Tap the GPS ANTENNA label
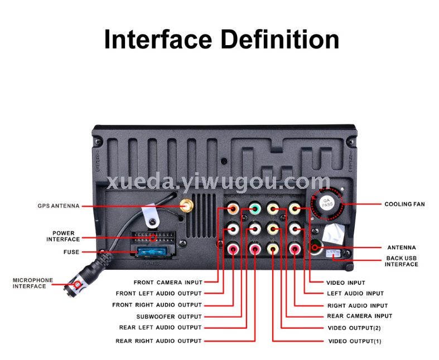(x=59, y=206)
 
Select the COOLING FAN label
(x=404, y=204)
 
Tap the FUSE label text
(x=71, y=252)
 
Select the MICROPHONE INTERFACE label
(x=33, y=283)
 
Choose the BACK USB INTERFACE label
(x=401, y=261)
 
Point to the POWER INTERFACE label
(x=63, y=236)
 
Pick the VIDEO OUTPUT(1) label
(x=354, y=340)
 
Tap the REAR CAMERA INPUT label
(x=359, y=316)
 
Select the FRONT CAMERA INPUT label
(x=168, y=283)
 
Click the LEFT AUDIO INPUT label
(x=355, y=293)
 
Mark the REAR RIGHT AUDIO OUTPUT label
(x=158, y=340)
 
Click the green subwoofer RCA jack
(x=254, y=210)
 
